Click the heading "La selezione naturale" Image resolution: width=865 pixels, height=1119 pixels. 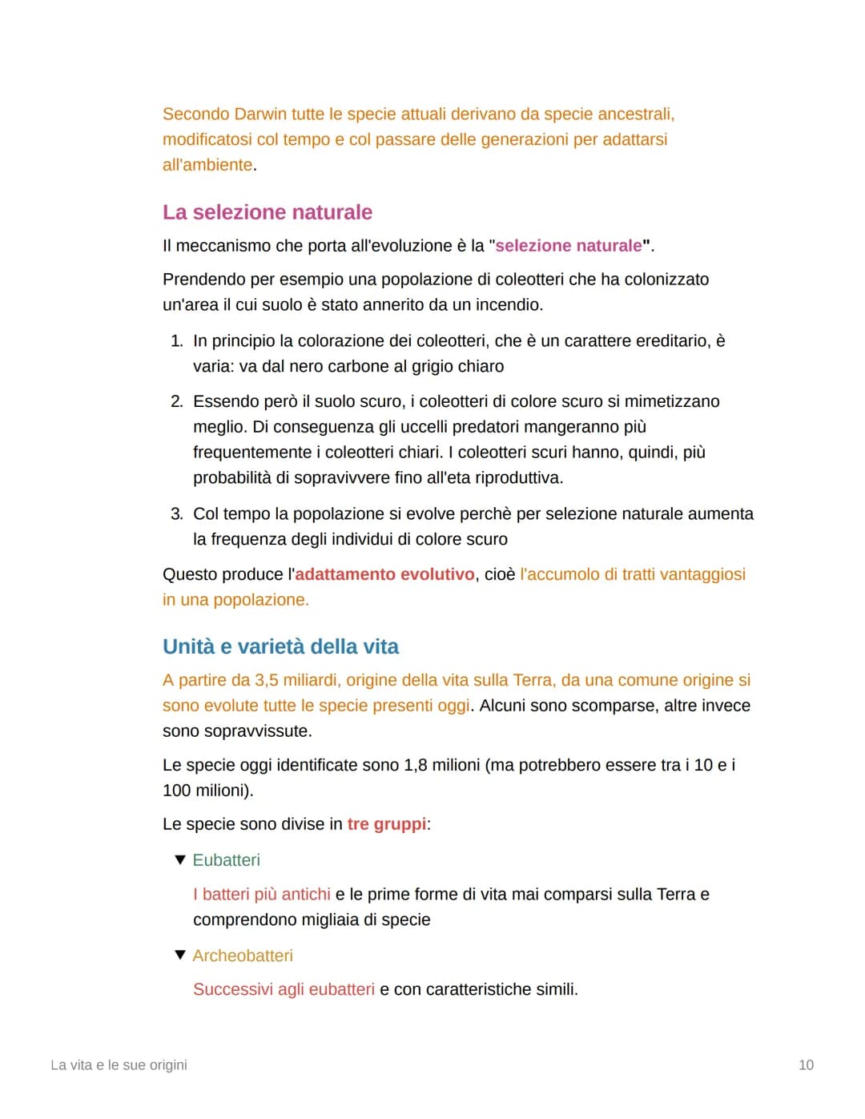tap(267, 212)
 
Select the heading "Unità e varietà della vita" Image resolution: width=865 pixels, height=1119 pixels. tap(280, 646)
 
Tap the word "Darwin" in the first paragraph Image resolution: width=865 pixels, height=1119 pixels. tap(260, 114)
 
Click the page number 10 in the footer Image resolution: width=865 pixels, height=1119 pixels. tap(806, 1065)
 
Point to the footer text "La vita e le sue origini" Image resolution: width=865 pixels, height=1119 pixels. tap(119, 1065)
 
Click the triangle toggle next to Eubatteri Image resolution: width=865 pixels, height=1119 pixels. tap(179, 859)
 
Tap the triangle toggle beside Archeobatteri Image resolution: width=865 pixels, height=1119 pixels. tap(179, 955)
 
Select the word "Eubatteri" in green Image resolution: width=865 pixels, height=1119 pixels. tap(226, 859)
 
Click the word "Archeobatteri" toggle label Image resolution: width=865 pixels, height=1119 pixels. tap(243, 956)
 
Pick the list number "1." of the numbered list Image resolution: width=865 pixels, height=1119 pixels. tap(176, 341)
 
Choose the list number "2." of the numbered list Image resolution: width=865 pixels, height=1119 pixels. tap(176, 401)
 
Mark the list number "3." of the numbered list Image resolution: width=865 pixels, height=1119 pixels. tap(176, 513)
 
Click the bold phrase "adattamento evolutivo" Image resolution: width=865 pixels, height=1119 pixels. tap(384, 574)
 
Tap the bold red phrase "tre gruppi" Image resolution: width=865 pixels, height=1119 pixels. tap(387, 824)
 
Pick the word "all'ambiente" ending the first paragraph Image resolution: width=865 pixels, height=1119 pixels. tap(207, 165)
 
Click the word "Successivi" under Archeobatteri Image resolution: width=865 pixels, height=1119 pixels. tap(233, 989)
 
